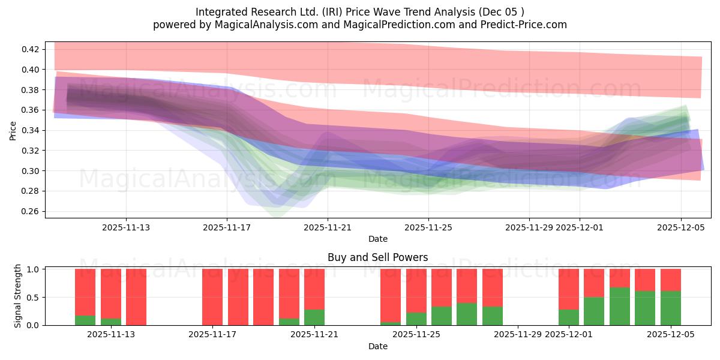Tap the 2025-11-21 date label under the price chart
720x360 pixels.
click(x=328, y=227)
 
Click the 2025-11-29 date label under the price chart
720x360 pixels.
click(x=529, y=227)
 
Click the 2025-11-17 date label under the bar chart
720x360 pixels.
click(x=213, y=335)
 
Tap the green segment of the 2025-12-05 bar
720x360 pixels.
click(x=670, y=308)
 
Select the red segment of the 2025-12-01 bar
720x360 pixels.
click(x=568, y=289)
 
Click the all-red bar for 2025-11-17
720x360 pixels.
click(x=212, y=297)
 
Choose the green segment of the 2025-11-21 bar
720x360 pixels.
click(x=314, y=317)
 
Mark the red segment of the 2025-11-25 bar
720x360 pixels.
click(x=416, y=290)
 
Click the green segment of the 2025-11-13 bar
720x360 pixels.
click(x=110, y=322)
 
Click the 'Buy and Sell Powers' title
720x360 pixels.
click(x=377, y=257)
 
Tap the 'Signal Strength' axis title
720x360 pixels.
click(x=18, y=296)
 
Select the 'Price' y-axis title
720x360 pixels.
click(x=13, y=130)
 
